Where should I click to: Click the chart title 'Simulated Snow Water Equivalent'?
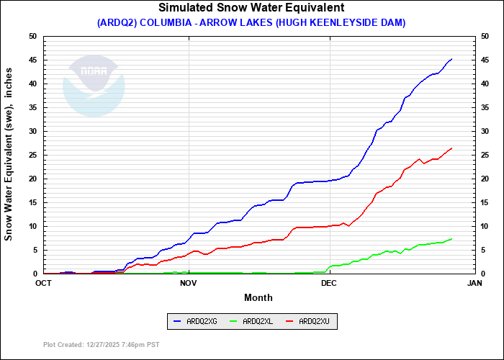(251, 8)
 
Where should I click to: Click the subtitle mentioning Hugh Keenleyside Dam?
(251, 22)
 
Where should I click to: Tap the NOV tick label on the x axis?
(188, 283)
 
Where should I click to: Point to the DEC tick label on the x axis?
(329, 283)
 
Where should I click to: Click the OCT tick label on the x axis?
(43, 283)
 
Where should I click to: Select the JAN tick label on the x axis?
(474, 283)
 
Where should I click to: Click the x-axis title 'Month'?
(258, 297)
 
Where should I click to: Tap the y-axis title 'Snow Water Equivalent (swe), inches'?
(9, 156)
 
